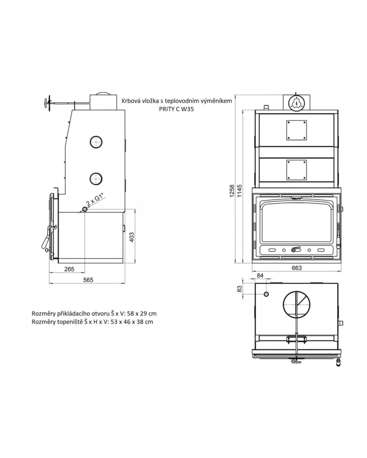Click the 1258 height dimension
point(232,191)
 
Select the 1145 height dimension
point(239,191)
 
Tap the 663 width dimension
point(296,268)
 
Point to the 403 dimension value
point(132,237)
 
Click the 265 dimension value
point(69,269)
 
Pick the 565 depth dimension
point(88,280)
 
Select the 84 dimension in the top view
point(260,276)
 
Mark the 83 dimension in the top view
point(239,289)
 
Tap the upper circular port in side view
point(96,142)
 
